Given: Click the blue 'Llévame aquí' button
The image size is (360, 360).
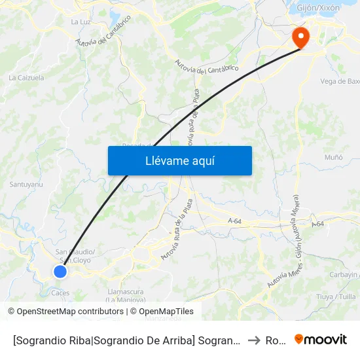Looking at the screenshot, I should [x=179, y=160].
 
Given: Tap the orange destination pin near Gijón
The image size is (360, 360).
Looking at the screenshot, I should [x=301, y=37].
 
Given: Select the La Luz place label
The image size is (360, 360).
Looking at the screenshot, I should [x=81, y=22].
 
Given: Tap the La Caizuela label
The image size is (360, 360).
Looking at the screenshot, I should [x=26, y=77].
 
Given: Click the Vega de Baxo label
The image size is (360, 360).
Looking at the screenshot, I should [x=340, y=81].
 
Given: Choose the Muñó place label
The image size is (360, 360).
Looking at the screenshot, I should [x=334, y=158].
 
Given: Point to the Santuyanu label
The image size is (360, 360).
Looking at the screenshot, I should [x=26, y=185].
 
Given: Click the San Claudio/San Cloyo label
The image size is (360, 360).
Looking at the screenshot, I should [x=75, y=256].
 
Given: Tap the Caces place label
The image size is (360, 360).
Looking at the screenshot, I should [x=60, y=293].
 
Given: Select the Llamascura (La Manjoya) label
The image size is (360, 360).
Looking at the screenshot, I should [x=125, y=296].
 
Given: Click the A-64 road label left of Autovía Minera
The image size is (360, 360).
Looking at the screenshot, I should [x=235, y=222].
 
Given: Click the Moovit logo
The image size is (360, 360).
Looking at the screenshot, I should [x=320, y=339].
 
